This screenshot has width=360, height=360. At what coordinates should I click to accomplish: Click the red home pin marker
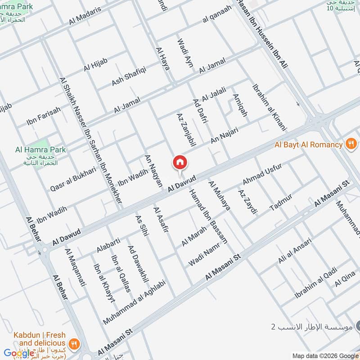click(180, 162)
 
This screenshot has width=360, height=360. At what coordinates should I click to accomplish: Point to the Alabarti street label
click(108, 246)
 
